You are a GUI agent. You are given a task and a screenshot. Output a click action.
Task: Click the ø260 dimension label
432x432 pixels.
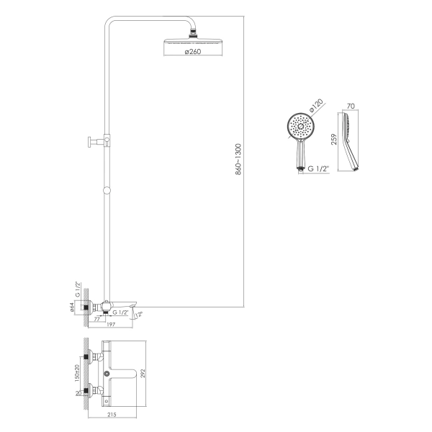point(193,52)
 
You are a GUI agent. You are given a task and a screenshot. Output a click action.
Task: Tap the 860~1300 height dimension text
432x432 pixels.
point(238,159)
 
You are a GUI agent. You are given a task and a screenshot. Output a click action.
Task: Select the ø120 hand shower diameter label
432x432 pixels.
point(316,106)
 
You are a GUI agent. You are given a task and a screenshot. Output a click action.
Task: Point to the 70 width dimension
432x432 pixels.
point(351,106)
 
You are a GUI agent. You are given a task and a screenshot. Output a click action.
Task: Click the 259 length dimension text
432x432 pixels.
point(334,139)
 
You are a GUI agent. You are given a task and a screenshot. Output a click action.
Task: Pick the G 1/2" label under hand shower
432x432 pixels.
point(319,168)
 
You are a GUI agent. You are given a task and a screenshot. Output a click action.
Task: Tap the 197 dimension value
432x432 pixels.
point(111,325)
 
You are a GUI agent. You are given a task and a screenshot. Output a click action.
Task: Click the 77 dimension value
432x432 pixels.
point(96,319)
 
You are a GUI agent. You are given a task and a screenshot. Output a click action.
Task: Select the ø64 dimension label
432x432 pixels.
point(71,307)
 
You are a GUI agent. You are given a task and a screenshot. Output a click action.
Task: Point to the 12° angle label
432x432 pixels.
point(140,314)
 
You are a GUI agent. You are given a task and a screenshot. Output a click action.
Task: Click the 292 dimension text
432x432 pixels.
point(143,374)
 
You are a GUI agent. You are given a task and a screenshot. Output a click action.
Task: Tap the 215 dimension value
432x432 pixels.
point(112,415)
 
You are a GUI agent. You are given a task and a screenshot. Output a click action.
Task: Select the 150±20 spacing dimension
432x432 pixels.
point(77,373)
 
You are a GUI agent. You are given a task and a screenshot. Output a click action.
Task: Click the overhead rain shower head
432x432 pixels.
point(192,41)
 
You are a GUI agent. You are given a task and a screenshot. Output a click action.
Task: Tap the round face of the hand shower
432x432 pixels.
point(301,127)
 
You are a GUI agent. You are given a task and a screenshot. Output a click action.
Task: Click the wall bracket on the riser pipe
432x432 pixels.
point(99,141)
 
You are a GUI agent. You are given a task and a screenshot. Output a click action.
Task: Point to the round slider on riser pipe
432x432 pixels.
point(107,190)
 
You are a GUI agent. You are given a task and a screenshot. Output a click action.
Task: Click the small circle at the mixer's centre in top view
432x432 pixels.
point(107,374)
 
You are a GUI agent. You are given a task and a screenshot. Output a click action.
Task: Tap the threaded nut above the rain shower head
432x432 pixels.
point(192,35)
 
